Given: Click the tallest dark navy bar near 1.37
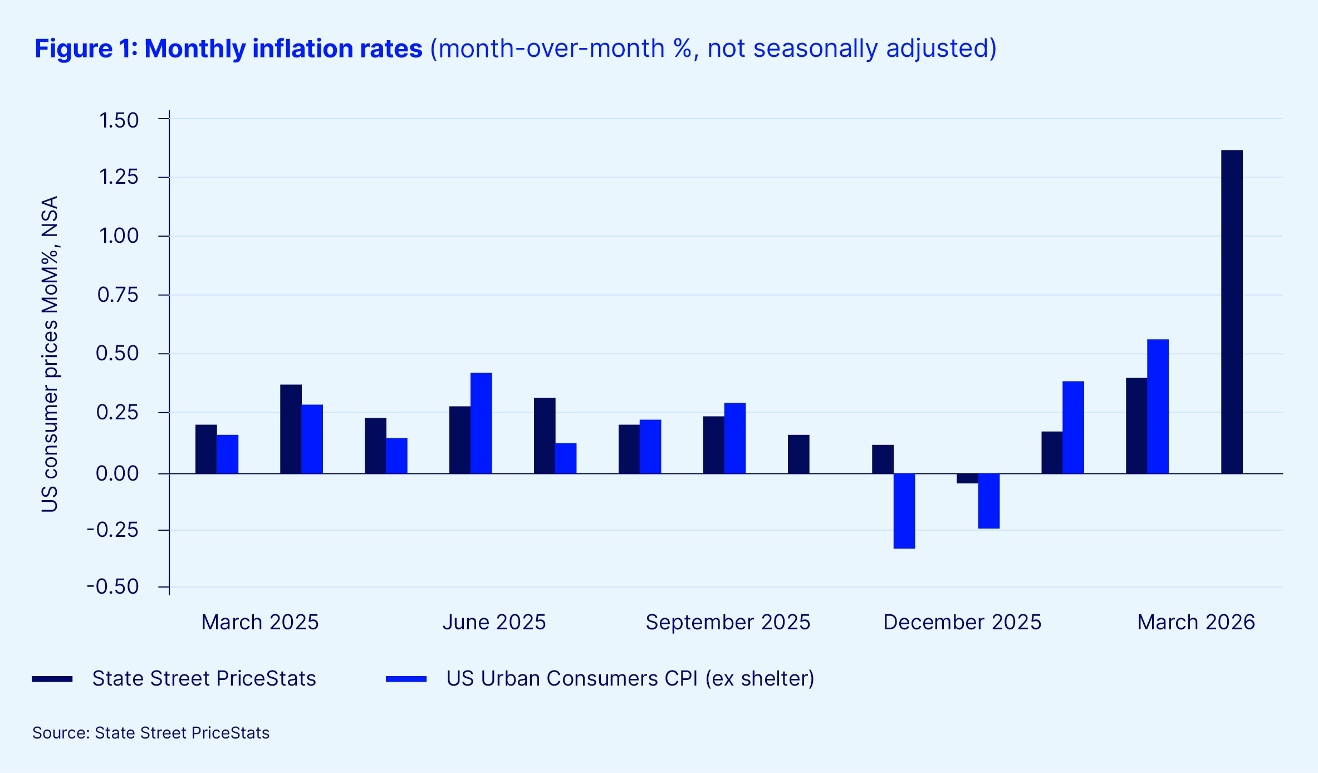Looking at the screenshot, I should click(x=1232, y=312).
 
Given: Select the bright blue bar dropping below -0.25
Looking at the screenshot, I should click(x=904, y=511).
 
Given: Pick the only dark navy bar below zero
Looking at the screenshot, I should click(x=967, y=478).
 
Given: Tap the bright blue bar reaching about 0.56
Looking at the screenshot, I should click(x=1158, y=407).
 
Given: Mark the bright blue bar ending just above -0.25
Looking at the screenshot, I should click(x=988, y=501).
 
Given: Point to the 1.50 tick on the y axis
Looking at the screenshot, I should click(x=119, y=120).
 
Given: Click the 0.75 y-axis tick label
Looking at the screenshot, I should click(x=118, y=295).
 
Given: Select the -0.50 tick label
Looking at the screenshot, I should click(x=113, y=586).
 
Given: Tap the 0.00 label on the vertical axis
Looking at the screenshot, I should click(x=117, y=473).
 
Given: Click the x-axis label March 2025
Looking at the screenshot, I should click(x=259, y=622).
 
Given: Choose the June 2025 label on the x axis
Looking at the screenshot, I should click(x=494, y=622).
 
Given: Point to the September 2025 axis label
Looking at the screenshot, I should click(x=728, y=622).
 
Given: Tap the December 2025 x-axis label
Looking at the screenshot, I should click(x=962, y=622).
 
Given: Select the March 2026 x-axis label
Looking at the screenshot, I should click(x=1196, y=622).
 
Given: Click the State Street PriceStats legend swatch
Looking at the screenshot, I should click(x=52, y=679).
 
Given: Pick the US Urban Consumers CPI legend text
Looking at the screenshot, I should click(x=630, y=678).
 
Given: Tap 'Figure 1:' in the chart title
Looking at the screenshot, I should click(x=86, y=48).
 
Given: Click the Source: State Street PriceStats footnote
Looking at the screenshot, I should click(x=151, y=733).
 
